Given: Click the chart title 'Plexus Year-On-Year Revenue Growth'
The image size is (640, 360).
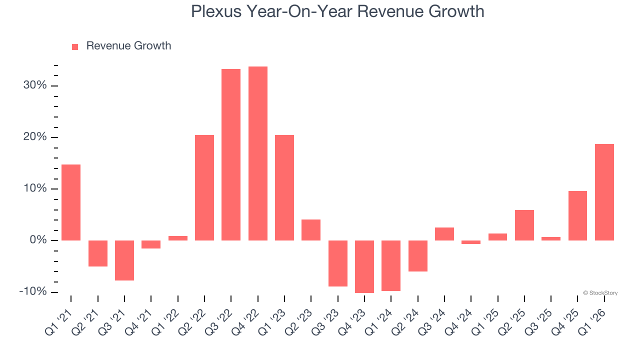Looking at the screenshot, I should point(337,11).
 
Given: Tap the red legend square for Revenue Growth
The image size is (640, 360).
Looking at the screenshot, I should point(75,46).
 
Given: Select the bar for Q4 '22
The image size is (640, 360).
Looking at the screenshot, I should point(257,153).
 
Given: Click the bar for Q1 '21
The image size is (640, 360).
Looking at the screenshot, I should point(71,202).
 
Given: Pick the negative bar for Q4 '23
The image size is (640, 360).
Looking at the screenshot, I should point(364,266).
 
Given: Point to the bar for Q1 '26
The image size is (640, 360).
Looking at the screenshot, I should point(604,192).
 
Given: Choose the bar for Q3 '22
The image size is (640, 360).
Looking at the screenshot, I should point(231,154).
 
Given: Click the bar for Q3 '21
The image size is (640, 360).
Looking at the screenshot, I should point(124,260).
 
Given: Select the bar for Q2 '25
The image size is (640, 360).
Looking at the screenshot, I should point(524,225).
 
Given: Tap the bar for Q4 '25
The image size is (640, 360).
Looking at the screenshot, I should point(577,215).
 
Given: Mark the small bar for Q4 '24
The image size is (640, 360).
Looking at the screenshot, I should point(471,242).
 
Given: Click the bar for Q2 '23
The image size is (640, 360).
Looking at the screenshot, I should point(311,230).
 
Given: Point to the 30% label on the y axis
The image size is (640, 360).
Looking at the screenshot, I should point(34,85).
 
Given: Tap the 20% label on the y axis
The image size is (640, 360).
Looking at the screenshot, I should point(34,137).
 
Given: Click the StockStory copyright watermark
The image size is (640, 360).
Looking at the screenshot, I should point(600,293).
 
